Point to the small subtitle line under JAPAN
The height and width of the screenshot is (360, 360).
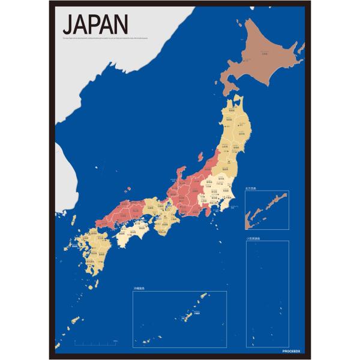pos(114,40)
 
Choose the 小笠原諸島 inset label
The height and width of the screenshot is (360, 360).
pos(254,238)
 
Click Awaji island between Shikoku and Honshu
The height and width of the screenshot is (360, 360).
pos(151,224)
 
